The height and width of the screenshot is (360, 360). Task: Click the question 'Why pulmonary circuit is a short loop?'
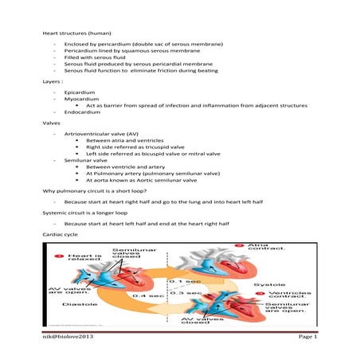click(x=102, y=192)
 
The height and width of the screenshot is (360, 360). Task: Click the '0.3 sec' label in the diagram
click(x=190, y=292)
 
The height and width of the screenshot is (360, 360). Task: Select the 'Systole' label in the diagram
click(x=264, y=284)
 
